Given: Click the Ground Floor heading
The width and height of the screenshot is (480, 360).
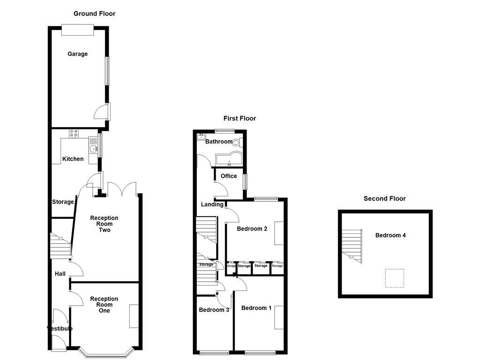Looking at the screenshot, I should coord(94,14).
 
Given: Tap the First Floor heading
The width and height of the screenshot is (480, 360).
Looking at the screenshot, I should coord(240,119).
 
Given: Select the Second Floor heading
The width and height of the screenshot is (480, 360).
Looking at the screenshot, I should coord(384,199).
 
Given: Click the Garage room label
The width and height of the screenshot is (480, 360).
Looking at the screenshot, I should coord(77,54).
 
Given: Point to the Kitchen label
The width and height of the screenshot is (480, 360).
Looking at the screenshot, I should coord(73,159).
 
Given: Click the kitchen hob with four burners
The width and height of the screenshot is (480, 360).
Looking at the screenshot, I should coord(74,134).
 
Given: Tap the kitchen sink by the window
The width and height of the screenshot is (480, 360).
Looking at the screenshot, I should coord(94,150).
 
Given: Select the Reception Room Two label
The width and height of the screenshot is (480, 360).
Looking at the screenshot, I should coord(104,224).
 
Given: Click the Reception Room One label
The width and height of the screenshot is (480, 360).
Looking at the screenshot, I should coord(104,305).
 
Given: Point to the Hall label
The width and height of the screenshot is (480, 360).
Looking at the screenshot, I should coord(60,274).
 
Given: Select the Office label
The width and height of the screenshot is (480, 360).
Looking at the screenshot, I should coord(229,176).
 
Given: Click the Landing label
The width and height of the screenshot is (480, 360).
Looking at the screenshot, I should coord(212,204).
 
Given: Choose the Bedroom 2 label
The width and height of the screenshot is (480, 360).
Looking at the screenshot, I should coord(252,229).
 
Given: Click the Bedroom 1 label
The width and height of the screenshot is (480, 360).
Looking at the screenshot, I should coord(256,308).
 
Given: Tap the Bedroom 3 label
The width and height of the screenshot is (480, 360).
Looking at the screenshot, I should coord(214,310).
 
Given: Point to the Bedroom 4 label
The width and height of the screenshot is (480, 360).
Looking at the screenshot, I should coord(390,235).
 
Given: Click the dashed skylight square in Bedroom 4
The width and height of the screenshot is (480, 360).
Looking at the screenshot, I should coord(394,278).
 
